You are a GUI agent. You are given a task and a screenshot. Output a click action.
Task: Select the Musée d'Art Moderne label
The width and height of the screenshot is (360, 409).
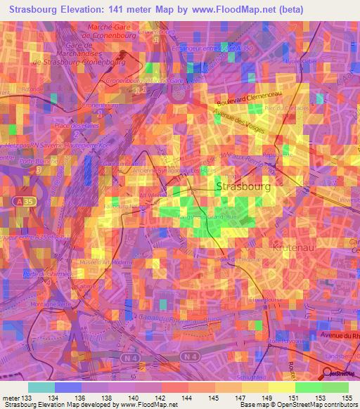pos(108,264)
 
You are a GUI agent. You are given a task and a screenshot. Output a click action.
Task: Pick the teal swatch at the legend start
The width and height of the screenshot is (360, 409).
pos(41,387)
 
